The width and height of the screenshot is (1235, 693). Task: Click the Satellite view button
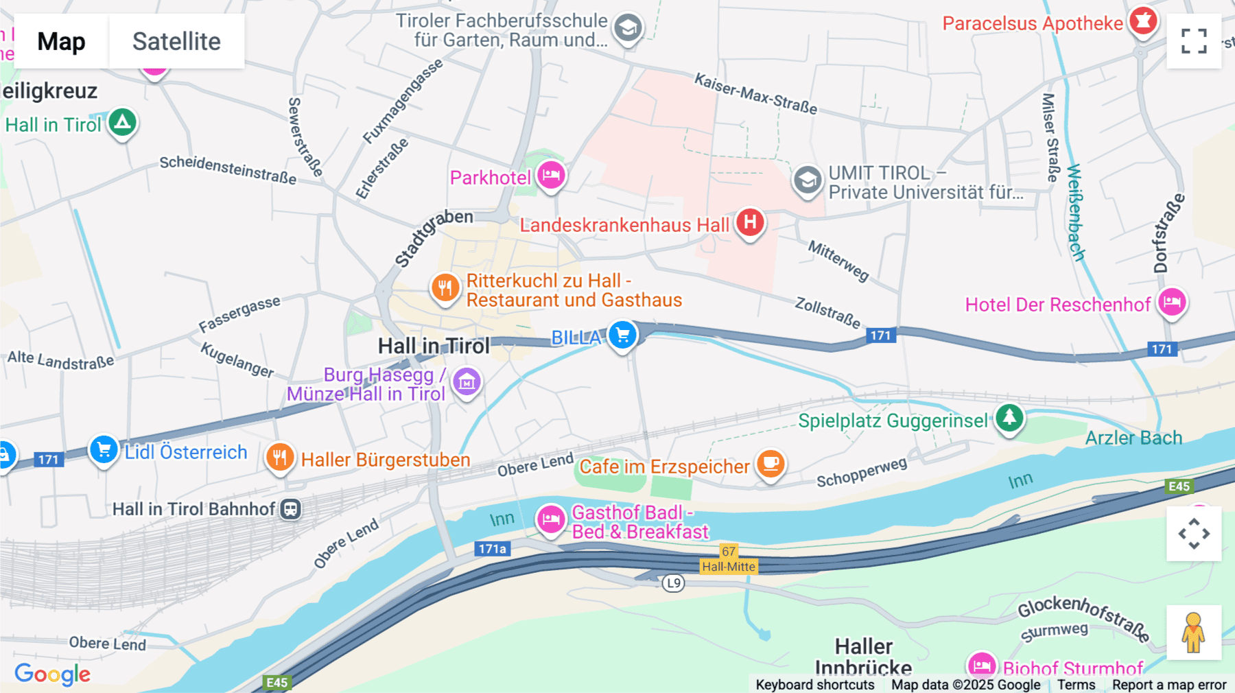[x=176, y=41]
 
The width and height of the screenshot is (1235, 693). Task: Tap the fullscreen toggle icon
[x=1194, y=41]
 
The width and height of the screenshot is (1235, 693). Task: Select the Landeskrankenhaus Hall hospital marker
[x=750, y=222]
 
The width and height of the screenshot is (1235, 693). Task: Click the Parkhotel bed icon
[x=551, y=175]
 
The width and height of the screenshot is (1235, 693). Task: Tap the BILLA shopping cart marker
[x=623, y=335]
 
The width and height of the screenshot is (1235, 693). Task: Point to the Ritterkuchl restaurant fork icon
[x=445, y=287]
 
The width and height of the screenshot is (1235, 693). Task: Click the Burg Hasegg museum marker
[x=467, y=382]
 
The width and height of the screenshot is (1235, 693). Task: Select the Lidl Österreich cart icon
[x=104, y=450]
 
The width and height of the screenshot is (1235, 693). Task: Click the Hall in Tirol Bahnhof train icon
[x=291, y=509]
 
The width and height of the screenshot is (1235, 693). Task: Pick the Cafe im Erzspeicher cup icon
[x=771, y=464]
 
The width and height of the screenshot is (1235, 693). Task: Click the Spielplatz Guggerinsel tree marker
[x=1009, y=417]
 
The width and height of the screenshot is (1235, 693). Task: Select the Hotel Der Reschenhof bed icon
[x=1172, y=302]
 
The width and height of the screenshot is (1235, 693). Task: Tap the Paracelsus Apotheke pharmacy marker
[x=1143, y=21]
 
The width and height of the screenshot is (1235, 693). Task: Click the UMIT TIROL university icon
[x=808, y=180]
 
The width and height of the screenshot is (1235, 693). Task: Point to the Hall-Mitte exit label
[x=728, y=567]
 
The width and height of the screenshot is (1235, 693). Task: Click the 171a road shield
[x=492, y=549]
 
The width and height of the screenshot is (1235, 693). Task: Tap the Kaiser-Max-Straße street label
[x=755, y=94]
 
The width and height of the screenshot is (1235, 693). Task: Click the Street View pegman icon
[x=1193, y=633]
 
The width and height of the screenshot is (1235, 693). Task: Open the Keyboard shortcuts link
[x=814, y=685]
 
